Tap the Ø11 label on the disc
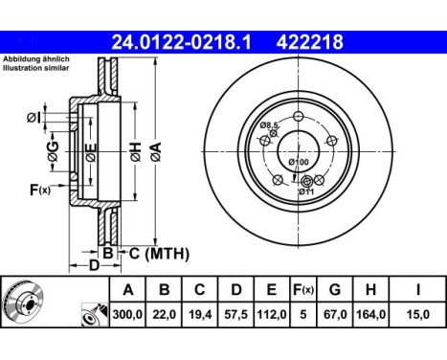(307, 192)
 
